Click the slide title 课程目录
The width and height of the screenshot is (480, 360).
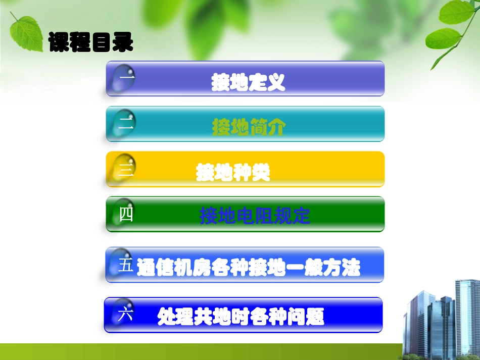91,42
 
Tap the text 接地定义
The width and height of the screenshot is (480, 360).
249,82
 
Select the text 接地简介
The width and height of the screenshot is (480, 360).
249,128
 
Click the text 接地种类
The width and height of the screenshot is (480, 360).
233,173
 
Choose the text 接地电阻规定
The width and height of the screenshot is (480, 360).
255,217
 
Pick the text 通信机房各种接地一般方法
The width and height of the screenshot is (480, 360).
249,268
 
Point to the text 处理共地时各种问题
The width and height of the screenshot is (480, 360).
241,317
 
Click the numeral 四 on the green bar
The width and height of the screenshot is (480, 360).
126,215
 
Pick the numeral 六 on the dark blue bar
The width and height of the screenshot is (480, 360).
125,315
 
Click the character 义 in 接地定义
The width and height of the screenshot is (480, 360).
276,82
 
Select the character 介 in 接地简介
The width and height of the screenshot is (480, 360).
276,128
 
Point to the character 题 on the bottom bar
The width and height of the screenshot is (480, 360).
314,317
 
